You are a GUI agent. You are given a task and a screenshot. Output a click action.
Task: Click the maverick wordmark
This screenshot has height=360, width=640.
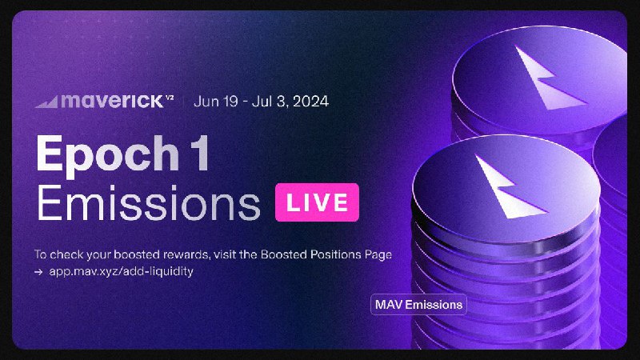tap(112, 101)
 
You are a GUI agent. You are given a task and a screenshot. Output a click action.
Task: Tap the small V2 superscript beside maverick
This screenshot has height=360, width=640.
tap(170, 98)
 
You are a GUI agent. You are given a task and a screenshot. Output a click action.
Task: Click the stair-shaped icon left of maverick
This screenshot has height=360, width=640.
tap(46, 102)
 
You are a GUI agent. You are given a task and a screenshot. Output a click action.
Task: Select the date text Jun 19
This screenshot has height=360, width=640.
tap(216, 102)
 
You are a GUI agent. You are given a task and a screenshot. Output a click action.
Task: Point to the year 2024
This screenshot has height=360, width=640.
tap(311, 102)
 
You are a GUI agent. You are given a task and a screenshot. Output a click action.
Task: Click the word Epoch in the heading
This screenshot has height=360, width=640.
tap(108, 154)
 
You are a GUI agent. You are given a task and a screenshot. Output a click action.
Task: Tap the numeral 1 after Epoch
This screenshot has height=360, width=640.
tap(200, 154)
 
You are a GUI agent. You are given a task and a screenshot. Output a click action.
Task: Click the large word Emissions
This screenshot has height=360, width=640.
tap(149, 203)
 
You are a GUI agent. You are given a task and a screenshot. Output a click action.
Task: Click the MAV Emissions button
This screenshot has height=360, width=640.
tap(418, 305)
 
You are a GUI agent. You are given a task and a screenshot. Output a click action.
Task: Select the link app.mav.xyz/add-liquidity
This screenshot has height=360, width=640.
tap(122, 271)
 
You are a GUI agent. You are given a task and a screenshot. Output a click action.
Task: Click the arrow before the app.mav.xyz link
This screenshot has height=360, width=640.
tap(38, 272)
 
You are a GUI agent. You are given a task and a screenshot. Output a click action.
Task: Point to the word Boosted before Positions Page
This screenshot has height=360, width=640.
tap(284, 254)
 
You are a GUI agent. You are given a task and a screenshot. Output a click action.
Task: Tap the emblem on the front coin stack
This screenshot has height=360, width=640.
tap(509, 187)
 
